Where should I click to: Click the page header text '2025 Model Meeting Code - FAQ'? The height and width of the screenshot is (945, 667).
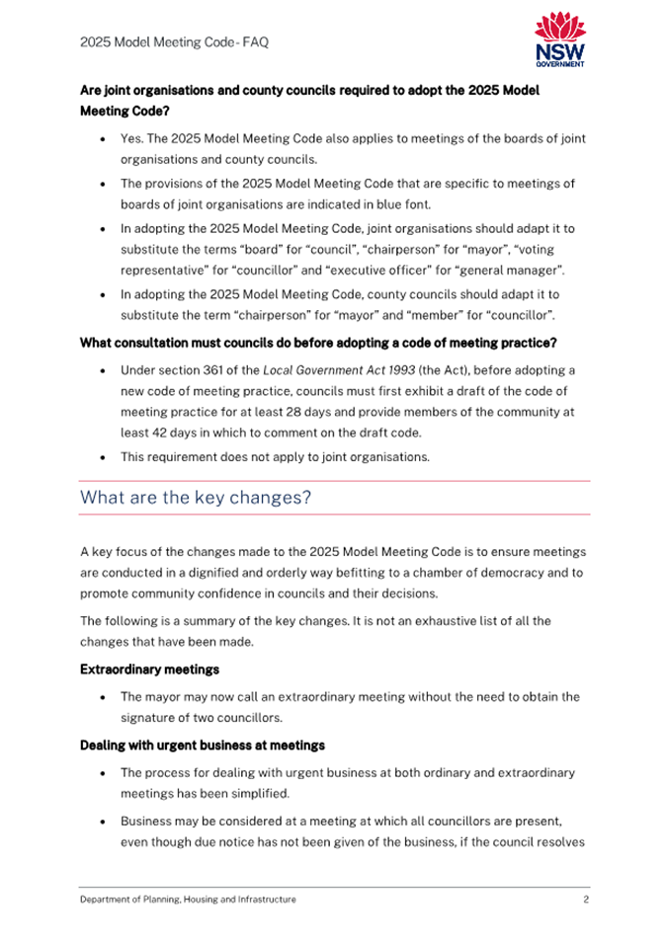[174, 42]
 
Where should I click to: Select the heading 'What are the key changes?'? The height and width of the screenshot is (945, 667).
[196, 498]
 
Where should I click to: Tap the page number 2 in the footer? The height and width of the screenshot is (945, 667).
[586, 900]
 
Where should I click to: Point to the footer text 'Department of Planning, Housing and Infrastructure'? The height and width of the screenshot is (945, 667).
[188, 900]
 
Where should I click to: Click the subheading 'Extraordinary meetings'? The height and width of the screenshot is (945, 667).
[149, 669]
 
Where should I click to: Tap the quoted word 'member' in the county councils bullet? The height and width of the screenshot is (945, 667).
[444, 316]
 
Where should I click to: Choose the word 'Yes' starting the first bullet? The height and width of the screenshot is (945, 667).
[131, 139]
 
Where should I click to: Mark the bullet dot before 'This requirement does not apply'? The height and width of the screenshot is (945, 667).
[104, 457]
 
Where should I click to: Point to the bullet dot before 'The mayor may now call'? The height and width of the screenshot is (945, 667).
[104, 697]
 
